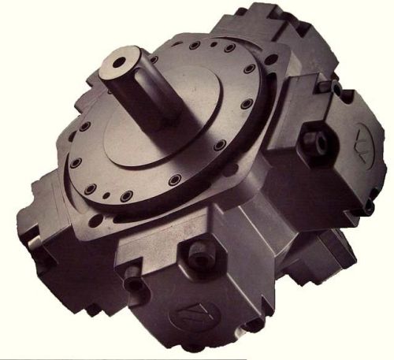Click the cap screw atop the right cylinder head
336,89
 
